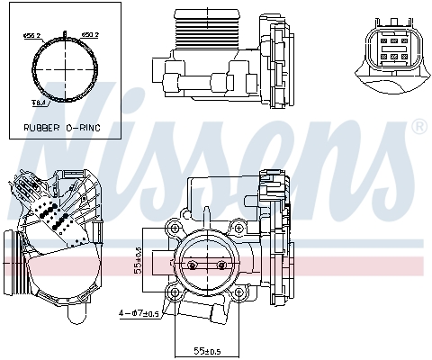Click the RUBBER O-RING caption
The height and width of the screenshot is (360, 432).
tap(62, 128)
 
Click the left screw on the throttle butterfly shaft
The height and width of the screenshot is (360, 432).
tap(192, 265)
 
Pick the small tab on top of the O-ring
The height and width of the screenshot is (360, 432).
tap(68, 34)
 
